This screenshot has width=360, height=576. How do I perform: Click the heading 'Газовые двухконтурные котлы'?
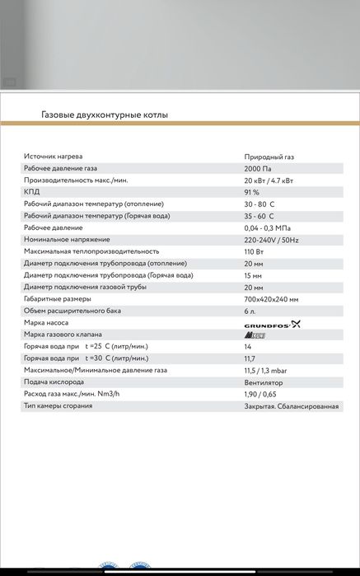tap(105, 115)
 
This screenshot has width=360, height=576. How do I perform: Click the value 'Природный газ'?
tap(269, 157)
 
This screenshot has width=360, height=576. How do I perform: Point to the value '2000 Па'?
tap(259, 168)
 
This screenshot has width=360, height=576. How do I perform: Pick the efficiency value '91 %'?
tap(252, 192)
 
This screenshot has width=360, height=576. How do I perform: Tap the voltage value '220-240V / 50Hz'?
tap(273, 239)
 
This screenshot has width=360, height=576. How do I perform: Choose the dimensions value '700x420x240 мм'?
tap(272, 299)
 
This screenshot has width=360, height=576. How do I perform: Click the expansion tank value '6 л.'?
tap(251, 311)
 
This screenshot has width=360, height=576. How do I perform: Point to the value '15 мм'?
tap(253, 275)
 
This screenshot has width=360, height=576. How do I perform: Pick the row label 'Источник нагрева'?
tap(54, 157)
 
